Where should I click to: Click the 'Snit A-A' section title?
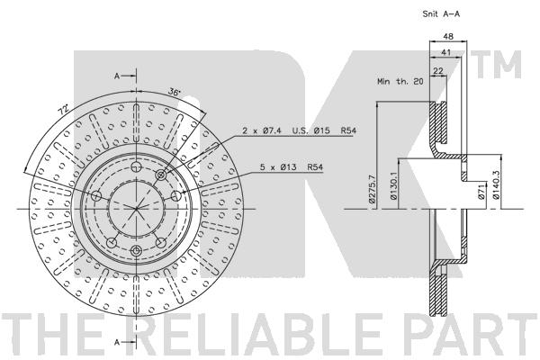pyautogui.click(x=441, y=14)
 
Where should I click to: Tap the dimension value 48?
pyautogui.click(x=448, y=36)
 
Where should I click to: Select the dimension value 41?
pyautogui.click(x=446, y=52)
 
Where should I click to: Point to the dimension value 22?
pyautogui.click(x=438, y=70)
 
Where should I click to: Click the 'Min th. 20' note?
pyautogui.click(x=400, y=82)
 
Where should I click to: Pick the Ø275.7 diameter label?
pyautogui.click(x=372, y=188)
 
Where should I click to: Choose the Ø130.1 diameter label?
pyautogui.click(x=393, y=186)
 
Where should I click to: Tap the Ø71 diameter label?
pyautogui.click(x=481, y=192)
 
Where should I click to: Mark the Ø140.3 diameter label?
pyautogui.click(x=496, y=186)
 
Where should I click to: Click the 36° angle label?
pyautogui.click(x=175, y=92)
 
